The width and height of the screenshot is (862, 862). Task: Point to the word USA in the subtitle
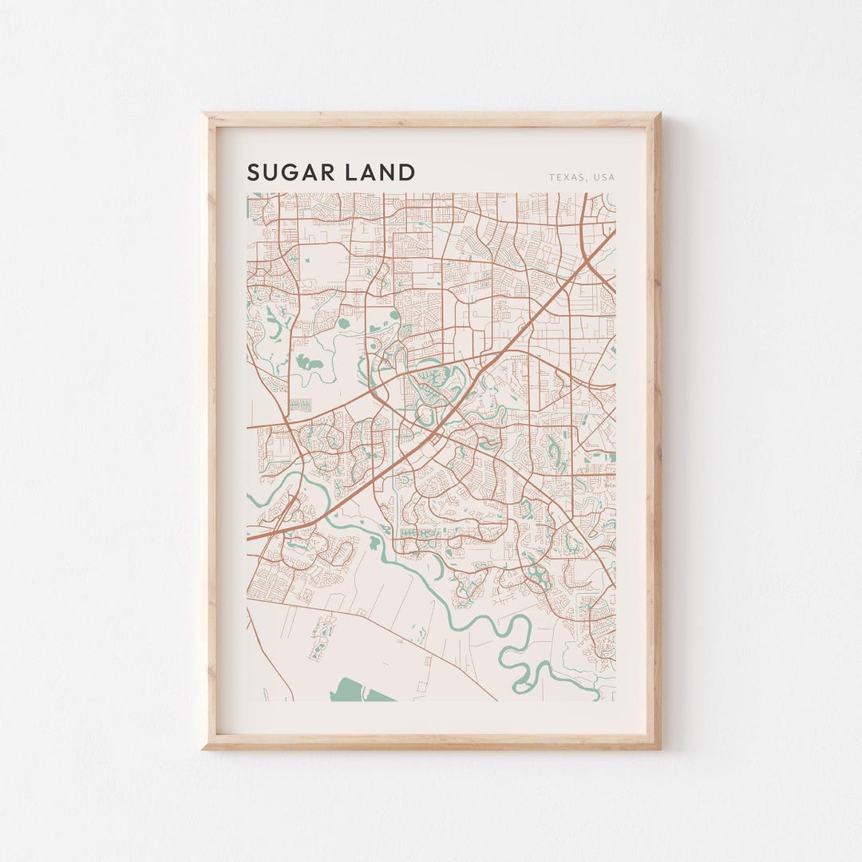(x=604, y=177)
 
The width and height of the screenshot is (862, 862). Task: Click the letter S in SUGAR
(x=254, y=172)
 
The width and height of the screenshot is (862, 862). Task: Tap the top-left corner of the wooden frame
(x=204, y=114)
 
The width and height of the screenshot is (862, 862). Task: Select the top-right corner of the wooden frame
(x=659, y=114)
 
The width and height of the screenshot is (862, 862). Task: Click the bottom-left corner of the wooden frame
(x=204, y=748)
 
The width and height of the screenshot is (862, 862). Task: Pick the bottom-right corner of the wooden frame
(x=659, y=748)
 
